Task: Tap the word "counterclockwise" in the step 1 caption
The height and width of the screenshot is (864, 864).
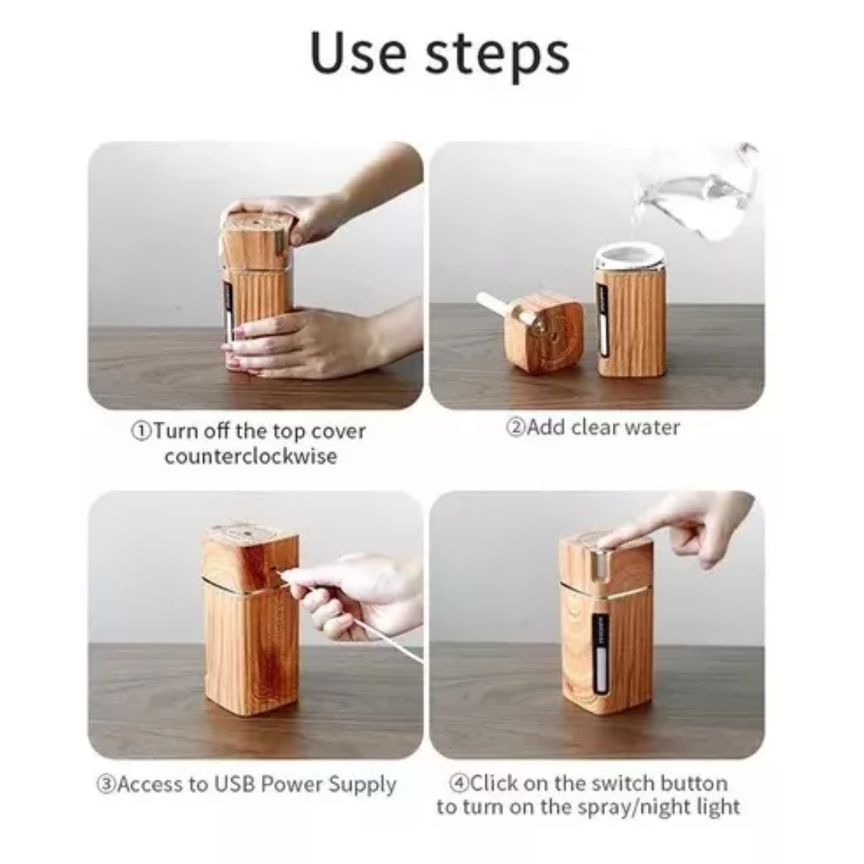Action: (250, 456)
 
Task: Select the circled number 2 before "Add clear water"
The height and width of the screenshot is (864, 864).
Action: (515, 427)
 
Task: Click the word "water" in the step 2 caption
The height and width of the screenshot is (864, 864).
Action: (650, 427)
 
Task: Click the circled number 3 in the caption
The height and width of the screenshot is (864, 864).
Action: (106, 783)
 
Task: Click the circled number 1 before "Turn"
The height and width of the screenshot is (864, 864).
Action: (142, 431)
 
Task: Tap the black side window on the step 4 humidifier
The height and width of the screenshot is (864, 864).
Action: (599, 650)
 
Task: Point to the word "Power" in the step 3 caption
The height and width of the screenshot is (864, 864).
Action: (290, 783)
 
